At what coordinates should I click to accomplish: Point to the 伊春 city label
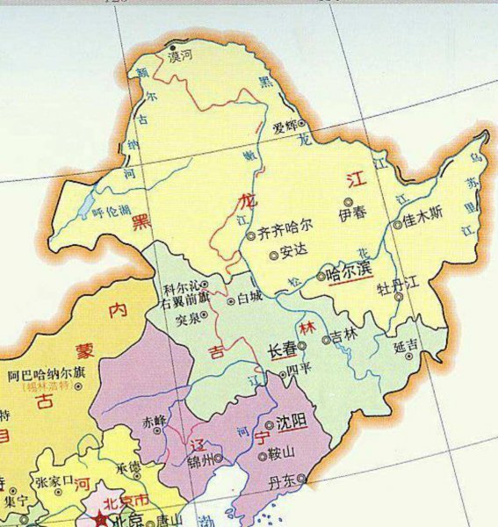[x=350, y=214]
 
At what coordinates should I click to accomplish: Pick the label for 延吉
[x=405, y=347]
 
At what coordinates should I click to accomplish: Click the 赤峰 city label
[x=154, y=421]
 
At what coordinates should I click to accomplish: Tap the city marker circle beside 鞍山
[x=263, y=457]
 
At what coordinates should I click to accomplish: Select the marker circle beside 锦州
[x=219, y=458]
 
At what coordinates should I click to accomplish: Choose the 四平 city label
[x=300, y=368]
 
